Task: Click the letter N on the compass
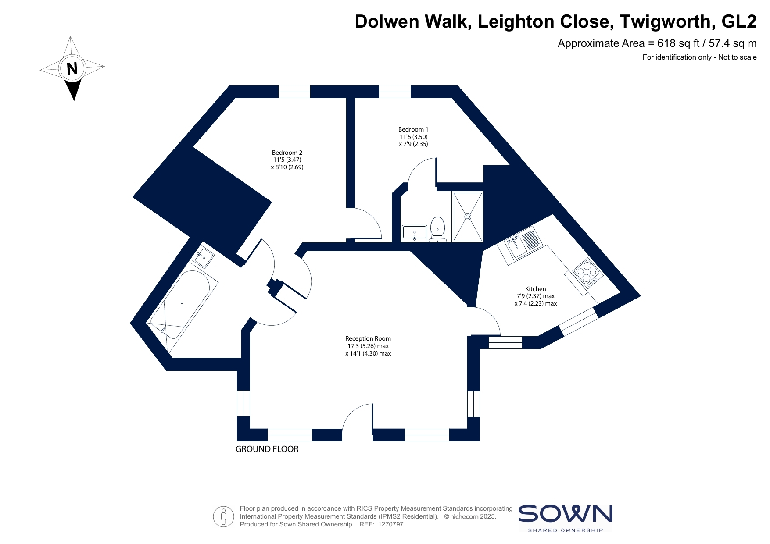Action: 72,68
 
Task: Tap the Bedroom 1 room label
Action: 413,136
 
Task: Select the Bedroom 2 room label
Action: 287,160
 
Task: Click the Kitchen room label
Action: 536,296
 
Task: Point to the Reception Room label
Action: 368,346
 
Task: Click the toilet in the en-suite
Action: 438,229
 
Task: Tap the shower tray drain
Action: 468,217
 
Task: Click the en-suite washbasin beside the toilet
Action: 414,233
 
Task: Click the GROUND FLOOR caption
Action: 267,449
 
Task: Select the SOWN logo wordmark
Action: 565,513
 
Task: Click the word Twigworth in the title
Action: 665,21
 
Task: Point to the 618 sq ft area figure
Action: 674,43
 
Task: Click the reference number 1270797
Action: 390,524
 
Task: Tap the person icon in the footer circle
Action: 224,516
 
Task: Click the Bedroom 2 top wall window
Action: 294,92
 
